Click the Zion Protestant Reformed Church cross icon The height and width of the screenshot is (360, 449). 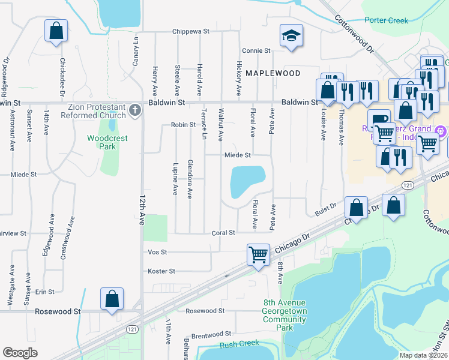[x=134, y=110]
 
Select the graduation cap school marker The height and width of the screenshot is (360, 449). [x=291, y=36]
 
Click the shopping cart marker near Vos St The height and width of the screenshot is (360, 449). [x=258, y=254]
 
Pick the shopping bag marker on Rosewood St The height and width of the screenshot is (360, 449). [x=112, y=299]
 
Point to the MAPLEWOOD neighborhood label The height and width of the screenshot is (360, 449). [x=273, y=73]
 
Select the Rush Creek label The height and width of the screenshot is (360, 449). [x=238, y=344]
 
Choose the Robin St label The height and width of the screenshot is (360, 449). [x=183, y=125]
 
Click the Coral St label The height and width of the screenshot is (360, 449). [x=221, y=233]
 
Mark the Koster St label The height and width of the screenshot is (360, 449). [x=161, y=271]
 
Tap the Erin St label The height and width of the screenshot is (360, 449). [x=45, y=292]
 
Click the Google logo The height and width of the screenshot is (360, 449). [x=20, y=353]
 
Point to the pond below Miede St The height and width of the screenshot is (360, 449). [x=246, y=181]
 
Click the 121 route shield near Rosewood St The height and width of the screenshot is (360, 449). [x=132, y=329]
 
